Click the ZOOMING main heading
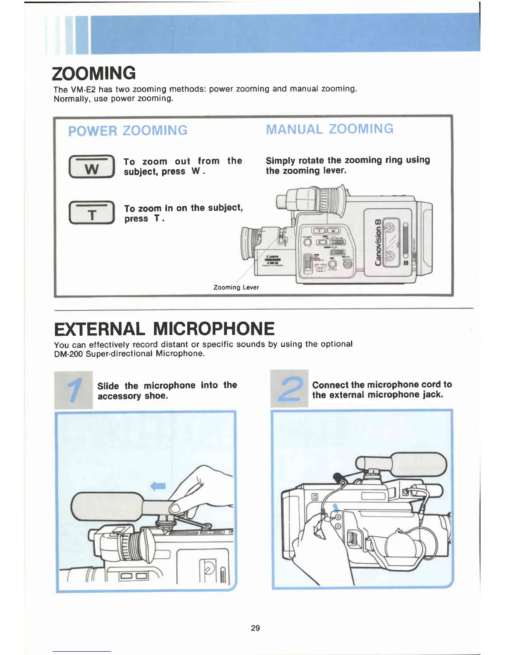coord(94,73)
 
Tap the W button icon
coord(91,167)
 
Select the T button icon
coord(91,213)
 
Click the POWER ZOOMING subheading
coord(128,131)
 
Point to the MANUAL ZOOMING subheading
coord(329,129)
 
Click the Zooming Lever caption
coord(236,287)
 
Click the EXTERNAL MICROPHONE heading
coord(164,329)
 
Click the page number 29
coord(255,628)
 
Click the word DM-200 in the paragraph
coord(68,354)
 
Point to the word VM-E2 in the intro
coord(84,89)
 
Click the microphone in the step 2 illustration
coord(418,464)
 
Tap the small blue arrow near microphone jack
coord(336,508)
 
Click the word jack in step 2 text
coord(432,395)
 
